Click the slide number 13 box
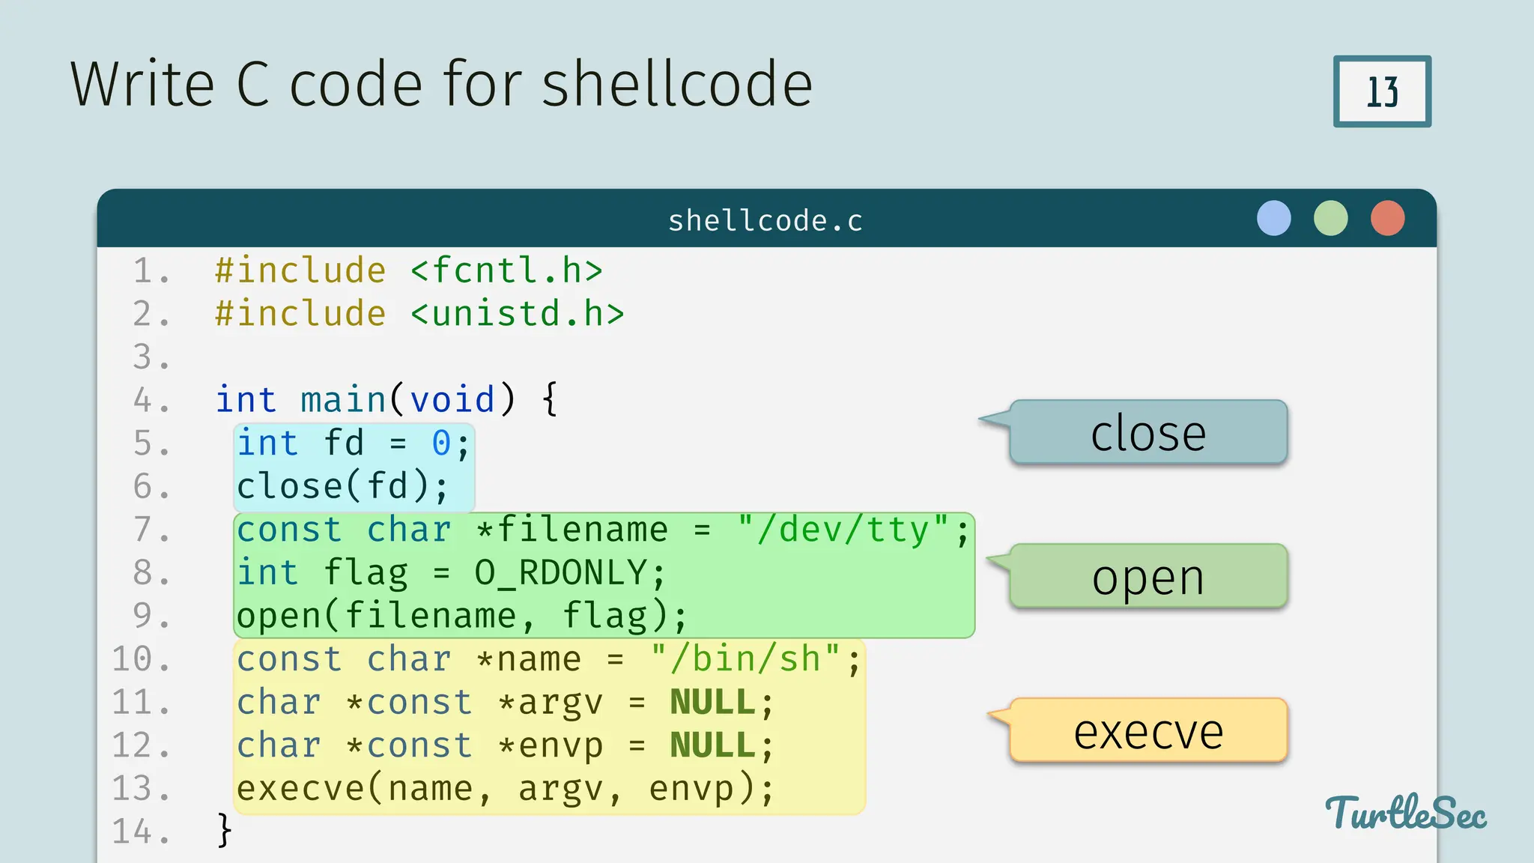click(1382, 91)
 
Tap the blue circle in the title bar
click(1273, 219)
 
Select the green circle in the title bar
click(1330, 219)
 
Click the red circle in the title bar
click(1387, 219)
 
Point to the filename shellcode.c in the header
click(766, 221)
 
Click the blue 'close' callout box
click(1148, 433)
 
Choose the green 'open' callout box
click(1148, 577)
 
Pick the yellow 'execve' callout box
click(1148, 731)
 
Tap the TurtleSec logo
click(1405, 814)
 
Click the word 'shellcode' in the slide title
click(676, 84)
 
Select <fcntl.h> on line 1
click(506, 270)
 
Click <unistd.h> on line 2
click(517, 314)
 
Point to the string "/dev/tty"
click(843, 530)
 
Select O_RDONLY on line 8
click(560, 573)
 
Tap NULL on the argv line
click(712, 703)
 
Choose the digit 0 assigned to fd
click(441, 443)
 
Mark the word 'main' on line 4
click(343, 400)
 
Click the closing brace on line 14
click(224, 831)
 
